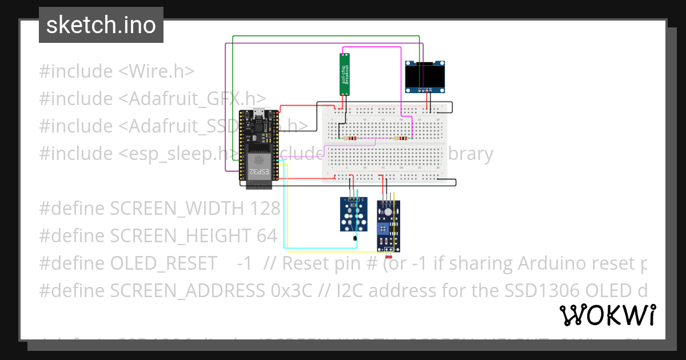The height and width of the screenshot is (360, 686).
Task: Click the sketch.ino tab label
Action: [x=101, y=25]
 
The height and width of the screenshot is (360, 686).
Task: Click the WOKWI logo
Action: [x=607, y=315]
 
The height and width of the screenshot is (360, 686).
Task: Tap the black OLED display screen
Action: [x=425, y=75]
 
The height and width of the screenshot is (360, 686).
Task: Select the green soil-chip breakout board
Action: [x=345, y=74]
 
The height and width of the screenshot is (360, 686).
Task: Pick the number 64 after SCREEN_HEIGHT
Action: [x=266, y=236]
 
